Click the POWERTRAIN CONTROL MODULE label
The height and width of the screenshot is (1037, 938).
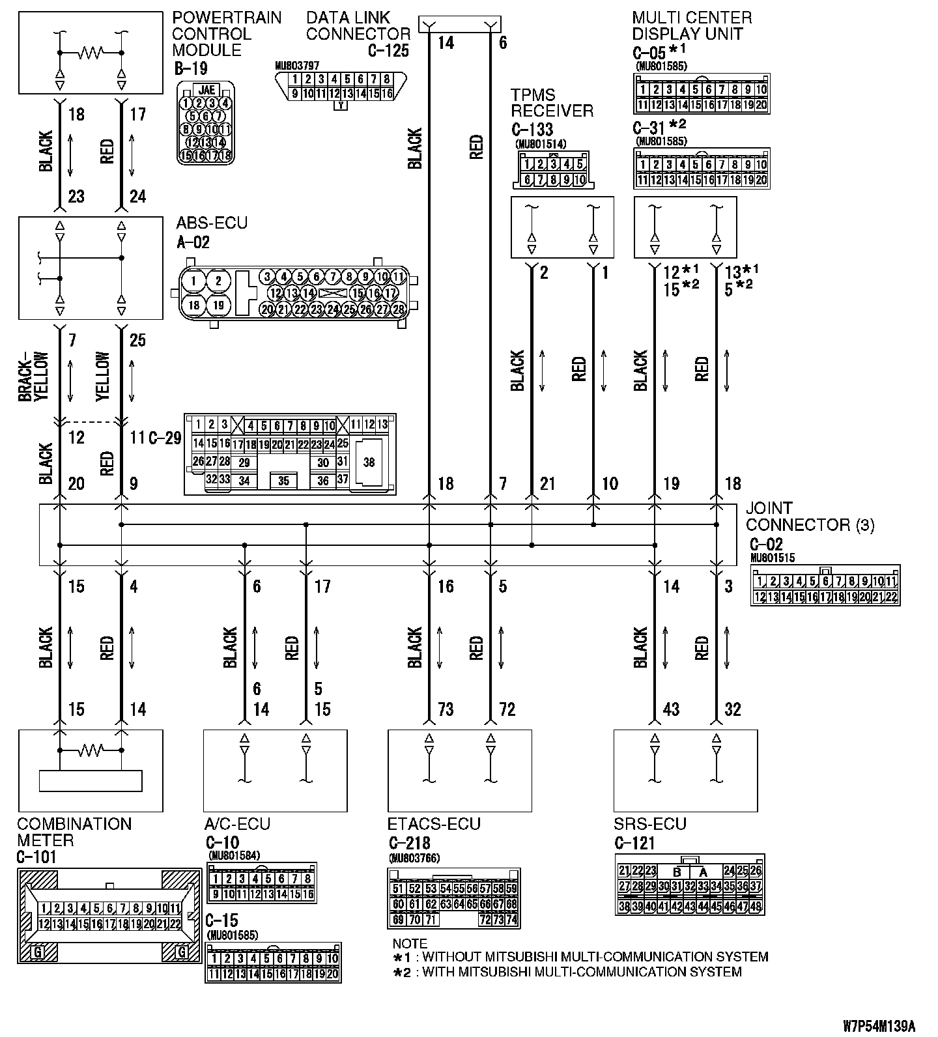pos(226,34)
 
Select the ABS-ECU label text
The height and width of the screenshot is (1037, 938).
pos(212,223)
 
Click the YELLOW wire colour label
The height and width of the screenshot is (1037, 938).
pos(103,377)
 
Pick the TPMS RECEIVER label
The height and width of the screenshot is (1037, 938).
pos(552,103)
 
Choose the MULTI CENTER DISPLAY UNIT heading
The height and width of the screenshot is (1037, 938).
pos(691,26)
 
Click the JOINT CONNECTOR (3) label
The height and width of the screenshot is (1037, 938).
pos(810,516)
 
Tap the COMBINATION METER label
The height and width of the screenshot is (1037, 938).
pos(74,832)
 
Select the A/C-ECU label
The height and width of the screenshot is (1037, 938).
pos(237,825)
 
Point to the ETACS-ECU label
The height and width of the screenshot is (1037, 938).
pos(434,825)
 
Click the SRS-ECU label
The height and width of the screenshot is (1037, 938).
pos(649,825)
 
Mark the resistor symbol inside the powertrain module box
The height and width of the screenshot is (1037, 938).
pos(91,52)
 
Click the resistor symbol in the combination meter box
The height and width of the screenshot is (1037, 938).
pos(91,751)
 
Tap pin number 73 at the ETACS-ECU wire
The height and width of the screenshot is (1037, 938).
pos(445,709)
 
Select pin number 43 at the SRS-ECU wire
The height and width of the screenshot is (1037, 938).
pos(671,709)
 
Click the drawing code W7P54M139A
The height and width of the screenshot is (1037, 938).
pos(879,1027)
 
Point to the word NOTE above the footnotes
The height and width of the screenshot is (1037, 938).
pos(410,943)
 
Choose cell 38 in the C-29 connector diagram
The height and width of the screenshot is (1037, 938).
pos(369,462)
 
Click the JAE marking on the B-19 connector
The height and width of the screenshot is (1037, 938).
pos(205,90)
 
